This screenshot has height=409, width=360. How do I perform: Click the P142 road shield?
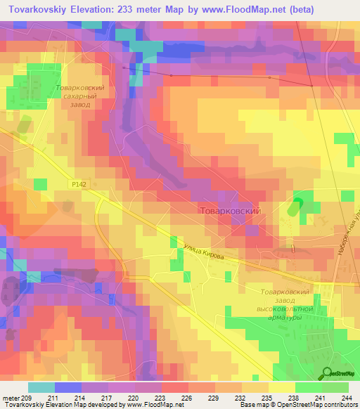tap(79, 183)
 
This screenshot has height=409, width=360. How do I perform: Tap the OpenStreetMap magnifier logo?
tap(328, 373)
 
